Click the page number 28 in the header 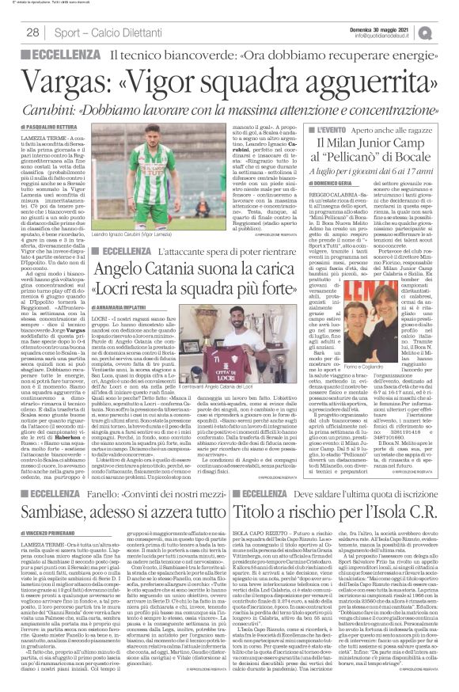coord(32,31)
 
